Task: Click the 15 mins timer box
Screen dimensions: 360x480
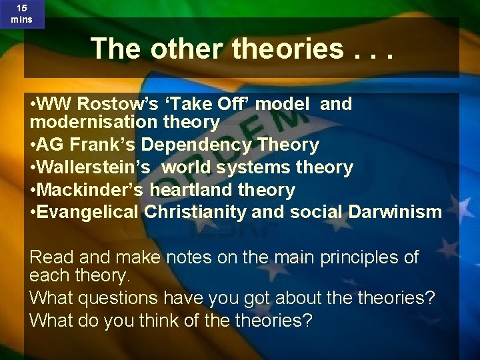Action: pyautogui.click(x=21, y=13)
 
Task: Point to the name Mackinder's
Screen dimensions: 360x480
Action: pyautogui.click(x=90, y=190)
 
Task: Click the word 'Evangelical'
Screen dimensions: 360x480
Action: pyautogui.click(x=87, y=213)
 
